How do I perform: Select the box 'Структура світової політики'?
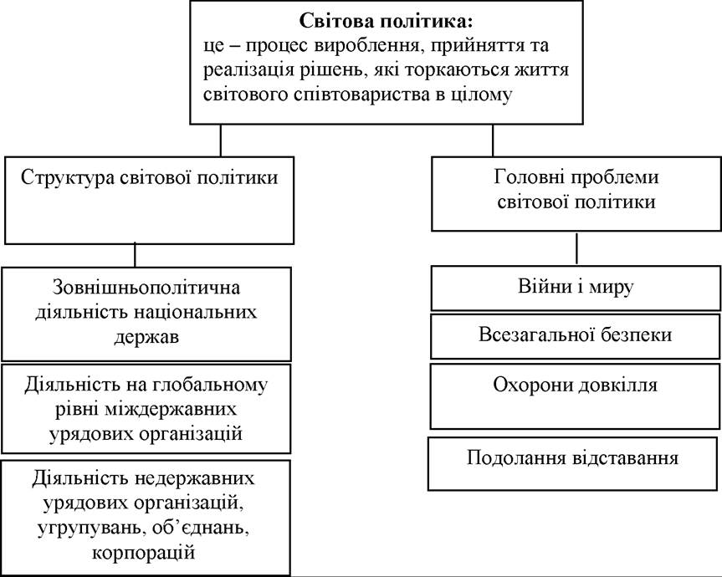coord(149,200)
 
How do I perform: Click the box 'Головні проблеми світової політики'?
coord(576,194)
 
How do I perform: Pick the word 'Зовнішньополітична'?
coord(146,288)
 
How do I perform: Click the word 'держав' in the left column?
coord(146,337)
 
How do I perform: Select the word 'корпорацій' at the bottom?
coord(143,552)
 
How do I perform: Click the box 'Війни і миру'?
coord(576,288)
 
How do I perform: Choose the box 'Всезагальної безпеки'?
coord(575,336)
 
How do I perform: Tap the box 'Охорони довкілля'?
coord(575,396)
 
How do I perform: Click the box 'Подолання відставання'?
coord(572,463)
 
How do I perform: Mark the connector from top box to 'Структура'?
coord(221,140)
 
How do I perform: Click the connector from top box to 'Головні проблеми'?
coord(493,140)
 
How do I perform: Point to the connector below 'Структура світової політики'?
coord(135,255)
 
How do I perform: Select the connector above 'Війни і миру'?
coord(576,248)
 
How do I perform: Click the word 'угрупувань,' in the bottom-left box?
coord(85,528)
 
